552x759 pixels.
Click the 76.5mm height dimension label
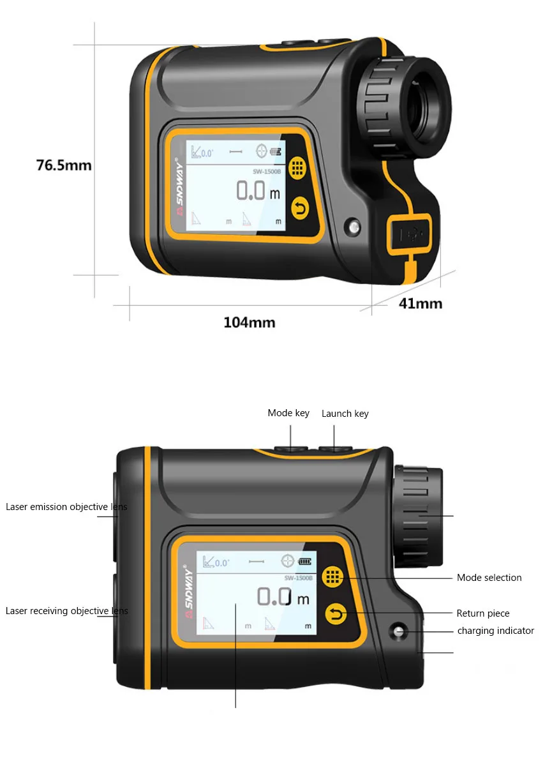pyautogui.click(x=64, y=165)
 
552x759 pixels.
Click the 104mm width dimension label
pyautogui.click(x=249, y=322)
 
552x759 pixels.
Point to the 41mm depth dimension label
pyautogui.click(x=420, y=303)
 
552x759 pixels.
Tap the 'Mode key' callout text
pyautogui.click(x=288, y=413)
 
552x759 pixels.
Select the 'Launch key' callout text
pyautogui.click(x=345, y=414)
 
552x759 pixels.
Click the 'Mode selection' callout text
pyautogui.click(x=489, y=578)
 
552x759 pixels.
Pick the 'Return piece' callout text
pyautogui.click(x=482, y=613)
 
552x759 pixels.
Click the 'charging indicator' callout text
pyautogui.click(x=495, y=631)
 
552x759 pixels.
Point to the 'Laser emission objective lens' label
pyautogui.click(x=66, y=507)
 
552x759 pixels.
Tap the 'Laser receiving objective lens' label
pyautogui.click(x=66, y=611)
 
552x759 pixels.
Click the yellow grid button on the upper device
pyautogui.click(x=297, y=168)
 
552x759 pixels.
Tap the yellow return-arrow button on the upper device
pyautogui.click(x=299, y=207)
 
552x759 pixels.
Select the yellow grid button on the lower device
pyautogui.click(x=332, y=576)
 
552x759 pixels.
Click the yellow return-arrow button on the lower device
pyautogui.click(x=336, y=614)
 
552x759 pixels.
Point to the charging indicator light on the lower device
pyautogui.click(x=398, y=631)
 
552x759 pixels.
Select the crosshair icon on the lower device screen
pyautogui.click(x=288, y=562)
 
